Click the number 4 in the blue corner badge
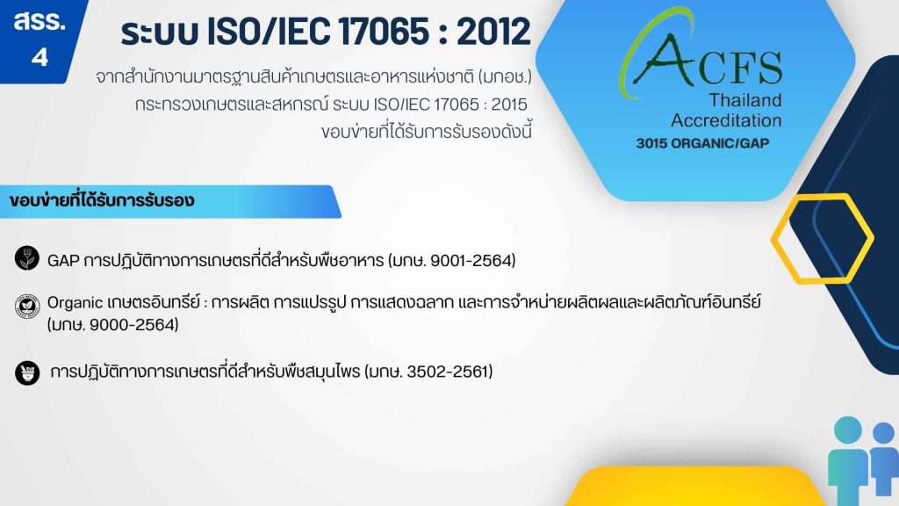(x=40, y=57)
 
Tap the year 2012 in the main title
(x=493, y=32)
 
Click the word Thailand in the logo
(x=745, y=100)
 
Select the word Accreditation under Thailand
(x=726, y=120)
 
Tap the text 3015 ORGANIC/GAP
(x=702, y=143)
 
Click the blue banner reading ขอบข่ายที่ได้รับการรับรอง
(x=170, y=201)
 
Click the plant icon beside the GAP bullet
(x=27, y=258)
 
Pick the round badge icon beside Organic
(x=27, y=306)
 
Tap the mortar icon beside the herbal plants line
(x=27, y=372)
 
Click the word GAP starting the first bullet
(x=63, y=261)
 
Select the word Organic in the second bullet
(x=75, y=303)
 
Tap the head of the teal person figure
(x=848, y=430)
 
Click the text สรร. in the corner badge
(x=40, y=22)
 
